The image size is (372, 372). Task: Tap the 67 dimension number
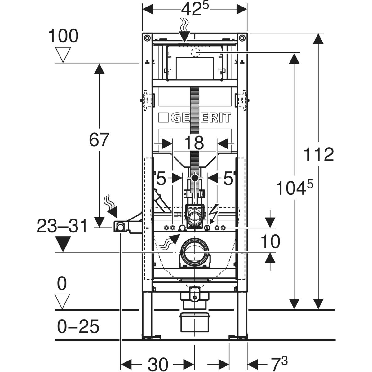(x=99, y=139)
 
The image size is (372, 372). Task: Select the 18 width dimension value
(x=194, y=143)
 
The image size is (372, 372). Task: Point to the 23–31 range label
(x=62, y=226)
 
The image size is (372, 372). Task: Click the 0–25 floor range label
(x=78, y=326)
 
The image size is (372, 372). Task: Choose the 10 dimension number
(x=270, y=241)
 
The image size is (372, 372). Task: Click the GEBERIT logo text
(x=195, y=117)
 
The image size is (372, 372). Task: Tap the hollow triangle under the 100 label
(x=63, y=55)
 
